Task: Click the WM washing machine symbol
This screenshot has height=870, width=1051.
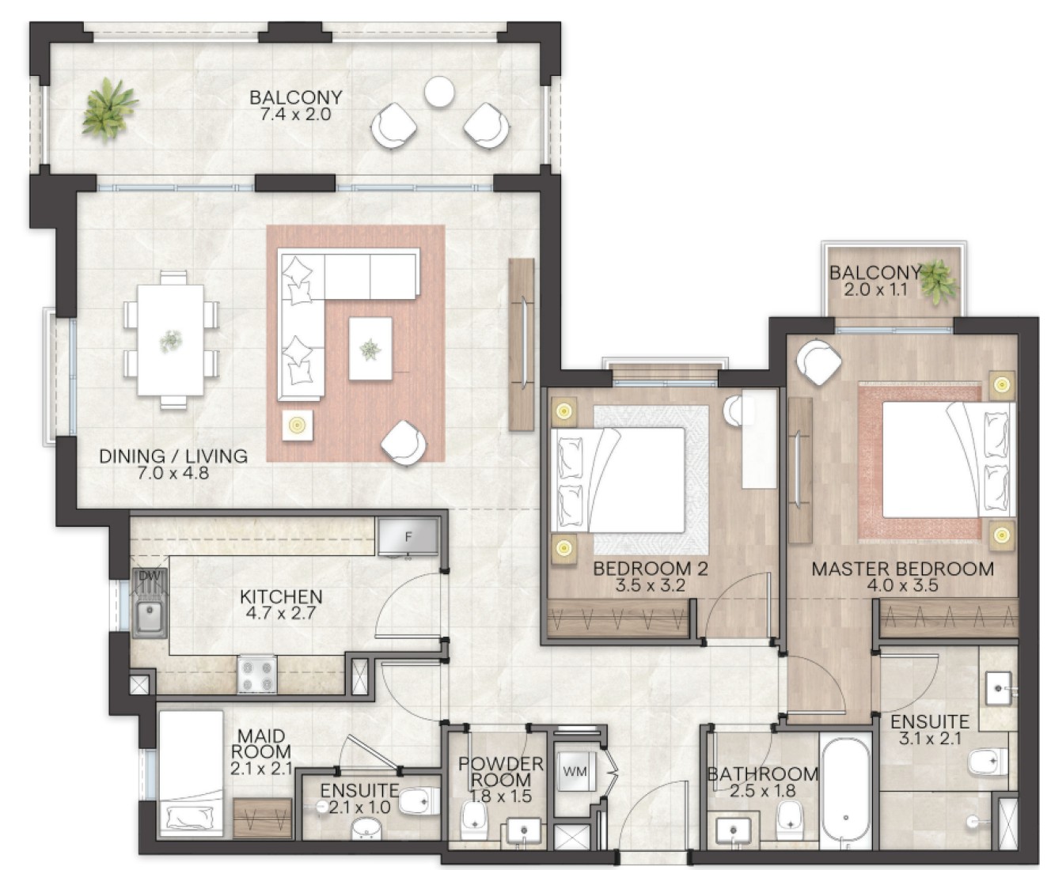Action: pyautogui.click(x=575, y=770)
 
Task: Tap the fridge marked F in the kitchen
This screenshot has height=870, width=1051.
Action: pyautogui.click(x=408, y=536)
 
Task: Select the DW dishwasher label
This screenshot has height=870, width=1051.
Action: pyautogui.click(x=149, y=576)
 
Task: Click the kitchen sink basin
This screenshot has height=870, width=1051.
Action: pyautogui.click(x=150, y=618)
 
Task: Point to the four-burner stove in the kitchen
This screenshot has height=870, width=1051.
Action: pyautogui.click(x=256, y=675)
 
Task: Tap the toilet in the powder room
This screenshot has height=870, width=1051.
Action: pyautogui.click(x=473, y=821)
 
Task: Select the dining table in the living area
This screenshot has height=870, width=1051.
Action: pyautogui.click(x=171, y=340)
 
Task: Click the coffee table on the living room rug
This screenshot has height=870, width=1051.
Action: pyautogui.click(x=370, y=348)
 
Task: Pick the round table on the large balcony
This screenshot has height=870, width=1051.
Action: pyautogui.click(x=439, y=92)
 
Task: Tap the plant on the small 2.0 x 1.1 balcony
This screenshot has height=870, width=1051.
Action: pyautogui.click(x=938, y=282)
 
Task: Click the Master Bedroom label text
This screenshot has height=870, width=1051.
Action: pyautogui.click(x=902, y=569)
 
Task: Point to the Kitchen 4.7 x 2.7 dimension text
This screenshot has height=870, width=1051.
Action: pyautogui.click(x=281, y=614)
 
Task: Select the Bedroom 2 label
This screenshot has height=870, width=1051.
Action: pyautogui.click(x=651, y=569)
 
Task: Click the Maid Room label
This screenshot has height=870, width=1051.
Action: pyautogui.click(x=260, y=743)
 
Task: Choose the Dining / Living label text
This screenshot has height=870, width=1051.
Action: pyautogui.click(x=173, y=456)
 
